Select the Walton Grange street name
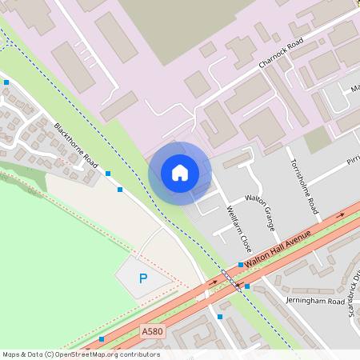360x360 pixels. (x=260, y=212)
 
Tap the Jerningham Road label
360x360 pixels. (x=314, y=301)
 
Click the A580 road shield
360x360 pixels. (x=150, y=330)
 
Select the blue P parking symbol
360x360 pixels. (x=143, y=278)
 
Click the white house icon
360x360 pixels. (x=180, y=172)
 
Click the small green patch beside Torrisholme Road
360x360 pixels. (x=318, y=139)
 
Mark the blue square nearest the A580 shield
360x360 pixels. (x=102, y=339)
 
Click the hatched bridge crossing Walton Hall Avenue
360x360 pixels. (x=230, y=280)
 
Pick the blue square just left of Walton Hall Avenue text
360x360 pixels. (x=240, y=265)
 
